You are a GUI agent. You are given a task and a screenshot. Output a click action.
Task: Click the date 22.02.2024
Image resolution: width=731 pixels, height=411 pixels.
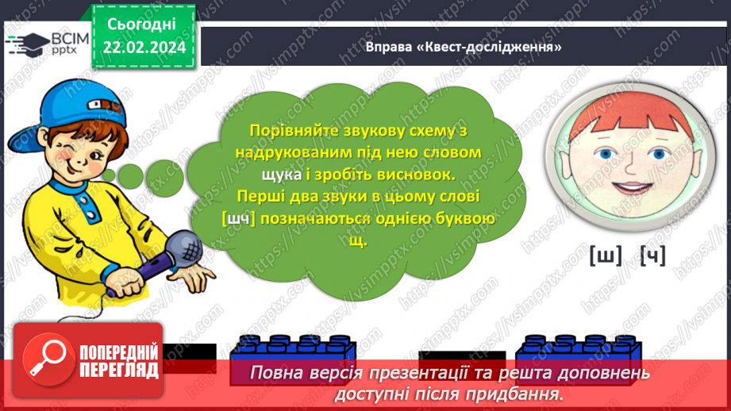144,47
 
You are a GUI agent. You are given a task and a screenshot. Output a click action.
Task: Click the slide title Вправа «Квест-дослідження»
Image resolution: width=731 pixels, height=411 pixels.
464,47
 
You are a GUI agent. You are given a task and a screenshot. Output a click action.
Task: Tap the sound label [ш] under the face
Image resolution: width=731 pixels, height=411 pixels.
605,255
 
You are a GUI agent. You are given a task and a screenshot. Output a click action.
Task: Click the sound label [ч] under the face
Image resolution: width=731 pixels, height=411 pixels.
652,255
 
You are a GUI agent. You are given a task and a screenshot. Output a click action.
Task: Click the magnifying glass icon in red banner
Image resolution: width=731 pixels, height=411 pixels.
44,359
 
